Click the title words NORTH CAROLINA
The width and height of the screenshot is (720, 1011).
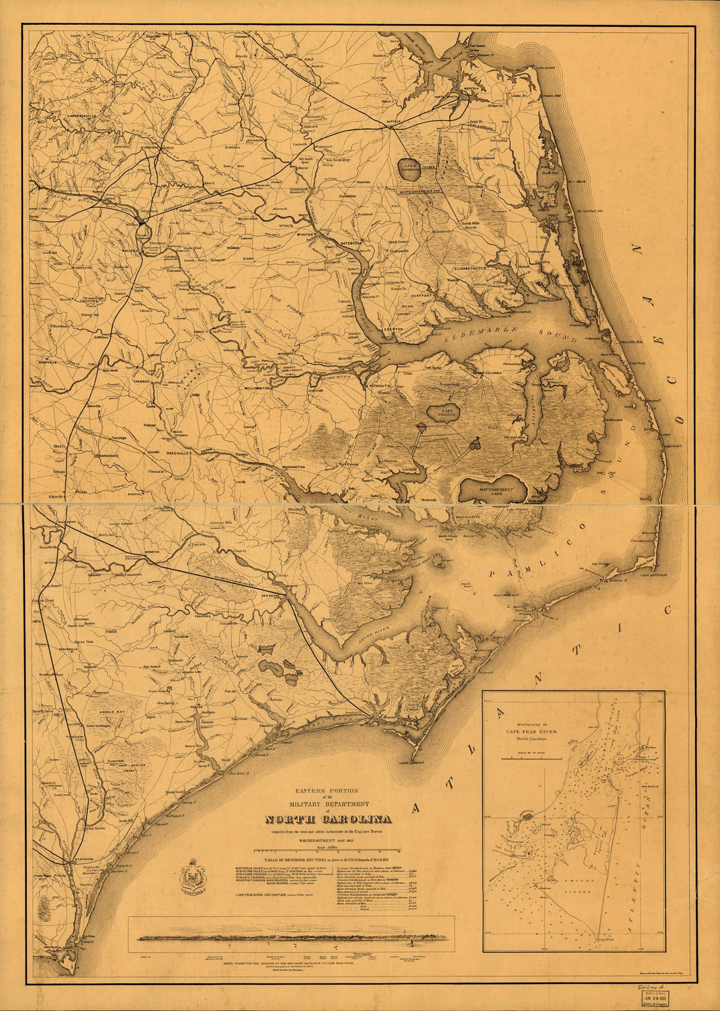coord(328,819)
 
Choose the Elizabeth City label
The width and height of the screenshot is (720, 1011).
coord(467,268)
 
